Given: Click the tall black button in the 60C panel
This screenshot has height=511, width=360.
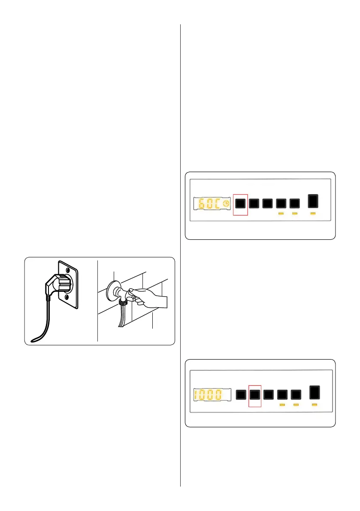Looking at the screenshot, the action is tap(314, 202).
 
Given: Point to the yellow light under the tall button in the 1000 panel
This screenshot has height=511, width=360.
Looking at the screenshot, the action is tap(314, 404).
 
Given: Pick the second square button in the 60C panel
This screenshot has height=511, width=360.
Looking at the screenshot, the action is tap(255, 203).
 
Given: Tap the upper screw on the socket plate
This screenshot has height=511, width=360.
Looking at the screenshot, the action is tap(67, 270).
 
